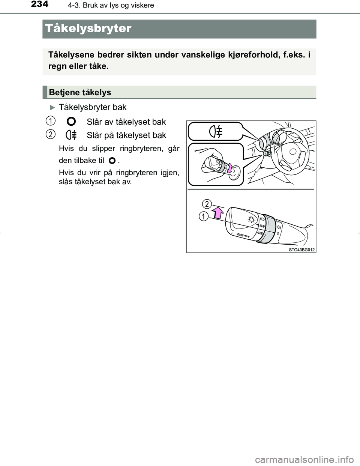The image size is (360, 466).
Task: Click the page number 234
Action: pyautogui.click(x=40, y=5)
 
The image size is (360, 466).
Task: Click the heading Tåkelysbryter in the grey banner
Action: pyautogui.click(x=88, y=29)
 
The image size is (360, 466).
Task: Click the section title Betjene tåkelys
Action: pyautogui.click(x=80, y=92)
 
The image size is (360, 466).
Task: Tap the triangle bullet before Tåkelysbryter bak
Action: pyautogui.click(x=52, y=107)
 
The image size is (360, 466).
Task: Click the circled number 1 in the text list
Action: pyautogui.click(x=49, y=120)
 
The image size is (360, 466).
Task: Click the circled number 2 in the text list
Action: pyautogui.click(x=49, y=134)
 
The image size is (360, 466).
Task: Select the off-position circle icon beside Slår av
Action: pyautogui.click(x=71, y=122)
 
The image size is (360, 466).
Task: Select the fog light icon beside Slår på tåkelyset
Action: pyautogui.click(x=71, y=135)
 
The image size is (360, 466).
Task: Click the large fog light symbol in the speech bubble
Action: pyautogui.click(x=216, y=132)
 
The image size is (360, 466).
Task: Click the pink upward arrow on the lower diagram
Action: pyautogui.click(x=217, y=214)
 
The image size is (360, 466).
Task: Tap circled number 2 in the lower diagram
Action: pyautogui.click(x=207, y=204)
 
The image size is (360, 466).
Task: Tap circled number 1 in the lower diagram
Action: pyautogui.click(x=203, y=216)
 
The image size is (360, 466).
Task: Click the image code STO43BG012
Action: pyautogui.click(x=301, y=250)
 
